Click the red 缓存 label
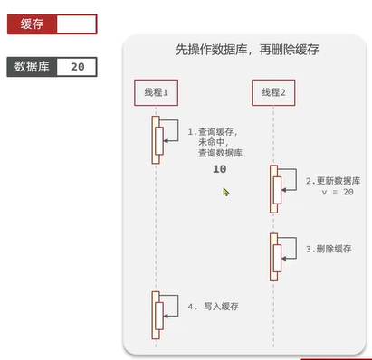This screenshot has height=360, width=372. point(31,24)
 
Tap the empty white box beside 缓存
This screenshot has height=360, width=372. point(75,24)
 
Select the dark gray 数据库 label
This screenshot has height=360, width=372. point(33,67)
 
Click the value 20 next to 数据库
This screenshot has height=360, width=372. point(77,67)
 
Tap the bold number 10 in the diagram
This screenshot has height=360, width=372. point(220,170)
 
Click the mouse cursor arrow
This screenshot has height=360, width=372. point(225,192)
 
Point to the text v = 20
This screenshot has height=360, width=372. point(337,193)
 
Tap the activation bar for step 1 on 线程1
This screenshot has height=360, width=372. point(157,139)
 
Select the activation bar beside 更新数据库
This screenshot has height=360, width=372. point(274,188)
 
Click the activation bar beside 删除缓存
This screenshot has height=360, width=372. point(274,256)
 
